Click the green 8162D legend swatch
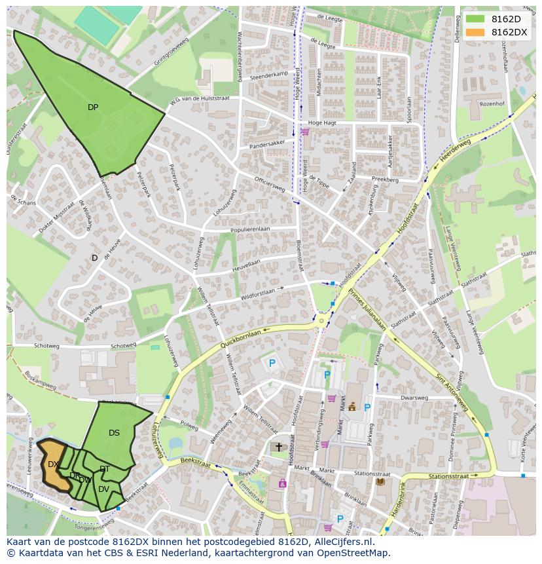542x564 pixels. (475, 19)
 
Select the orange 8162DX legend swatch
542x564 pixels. (475, 32)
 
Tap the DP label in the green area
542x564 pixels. (93, 107)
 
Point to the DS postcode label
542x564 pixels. (114, 433)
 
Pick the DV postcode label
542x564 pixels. (103, 489)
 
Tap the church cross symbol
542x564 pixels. (278, 447)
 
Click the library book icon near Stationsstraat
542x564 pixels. (380, 482)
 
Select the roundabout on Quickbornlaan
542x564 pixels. (321, 320)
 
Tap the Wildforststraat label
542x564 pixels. (249, 292)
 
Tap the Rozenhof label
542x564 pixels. (492, 103)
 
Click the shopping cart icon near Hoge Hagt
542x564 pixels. (304, 131)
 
